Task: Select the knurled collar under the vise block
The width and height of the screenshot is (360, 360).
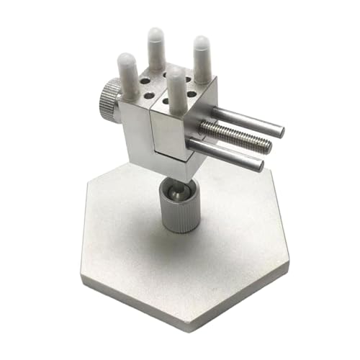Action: (x=176, y=209)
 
